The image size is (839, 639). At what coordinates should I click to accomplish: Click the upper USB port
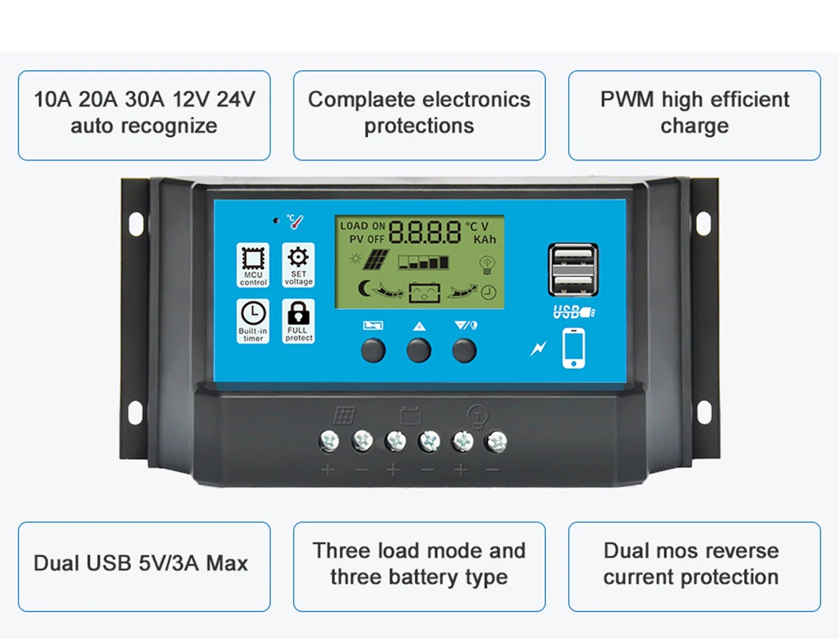[573, 256]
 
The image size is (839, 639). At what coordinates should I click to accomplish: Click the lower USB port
[573, 283]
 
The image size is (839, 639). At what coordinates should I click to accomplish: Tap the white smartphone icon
[573, 348]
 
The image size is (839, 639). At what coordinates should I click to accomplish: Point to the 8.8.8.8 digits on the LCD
[425, 232]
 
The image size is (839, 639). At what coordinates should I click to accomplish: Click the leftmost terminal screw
[329, 440]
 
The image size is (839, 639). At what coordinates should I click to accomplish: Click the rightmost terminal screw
[497, 440]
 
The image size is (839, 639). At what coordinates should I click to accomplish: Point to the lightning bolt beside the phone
[540, 348]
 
